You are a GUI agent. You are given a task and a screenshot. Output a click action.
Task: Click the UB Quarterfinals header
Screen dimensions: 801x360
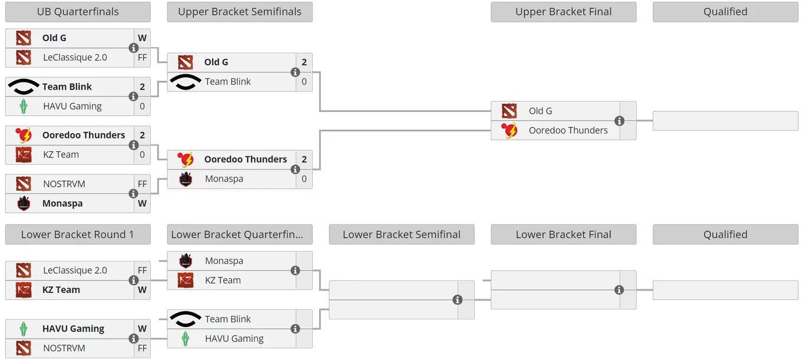tap(78, 12)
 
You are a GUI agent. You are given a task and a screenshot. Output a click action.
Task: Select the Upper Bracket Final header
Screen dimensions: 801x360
tap(563, 12)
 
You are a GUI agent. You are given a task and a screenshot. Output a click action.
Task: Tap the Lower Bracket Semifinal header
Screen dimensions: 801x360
tap(402, 235)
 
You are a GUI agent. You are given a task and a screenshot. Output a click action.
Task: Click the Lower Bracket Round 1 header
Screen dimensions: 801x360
tap(78, 235)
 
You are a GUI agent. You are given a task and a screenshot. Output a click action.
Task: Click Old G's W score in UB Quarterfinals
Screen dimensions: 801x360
tap(143, 38)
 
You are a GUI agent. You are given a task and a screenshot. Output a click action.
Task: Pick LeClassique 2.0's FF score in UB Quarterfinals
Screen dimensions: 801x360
tap(143, 58)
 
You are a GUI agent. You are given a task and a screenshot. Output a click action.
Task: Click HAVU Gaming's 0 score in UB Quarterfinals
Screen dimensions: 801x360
tap(143, 106)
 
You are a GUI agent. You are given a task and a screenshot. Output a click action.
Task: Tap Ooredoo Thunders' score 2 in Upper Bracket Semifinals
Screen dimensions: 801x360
tap(304, 159)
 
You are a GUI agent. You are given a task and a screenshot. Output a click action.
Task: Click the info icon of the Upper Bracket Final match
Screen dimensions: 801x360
tap(620, 121)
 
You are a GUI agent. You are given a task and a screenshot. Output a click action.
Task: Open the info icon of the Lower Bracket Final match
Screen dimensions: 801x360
tap(619, 290)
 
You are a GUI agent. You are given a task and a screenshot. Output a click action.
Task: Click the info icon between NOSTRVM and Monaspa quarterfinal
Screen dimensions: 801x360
tap(133, 194)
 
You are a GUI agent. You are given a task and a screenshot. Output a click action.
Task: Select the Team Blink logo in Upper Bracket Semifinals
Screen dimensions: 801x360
tap(185, 82)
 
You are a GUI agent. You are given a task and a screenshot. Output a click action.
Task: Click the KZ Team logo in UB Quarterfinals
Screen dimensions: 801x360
tap(24, 155)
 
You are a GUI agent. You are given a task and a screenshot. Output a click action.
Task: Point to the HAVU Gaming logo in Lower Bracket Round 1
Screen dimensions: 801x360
tap(24, 329)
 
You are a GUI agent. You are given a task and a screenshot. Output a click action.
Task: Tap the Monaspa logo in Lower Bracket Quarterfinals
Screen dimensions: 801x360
tap(186, 261)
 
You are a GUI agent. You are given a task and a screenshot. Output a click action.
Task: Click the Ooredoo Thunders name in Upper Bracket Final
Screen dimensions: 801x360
tap(568, 131)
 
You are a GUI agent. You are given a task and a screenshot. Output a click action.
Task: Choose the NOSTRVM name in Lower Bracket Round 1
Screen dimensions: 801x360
tap(64, 348)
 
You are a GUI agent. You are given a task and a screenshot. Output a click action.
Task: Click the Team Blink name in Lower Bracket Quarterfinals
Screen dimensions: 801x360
tap(228, 319)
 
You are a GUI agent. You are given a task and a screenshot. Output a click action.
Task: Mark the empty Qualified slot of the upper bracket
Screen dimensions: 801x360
tap(725, 121)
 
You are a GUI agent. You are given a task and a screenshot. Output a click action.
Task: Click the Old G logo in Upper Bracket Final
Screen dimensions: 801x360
tap(509, 111)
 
